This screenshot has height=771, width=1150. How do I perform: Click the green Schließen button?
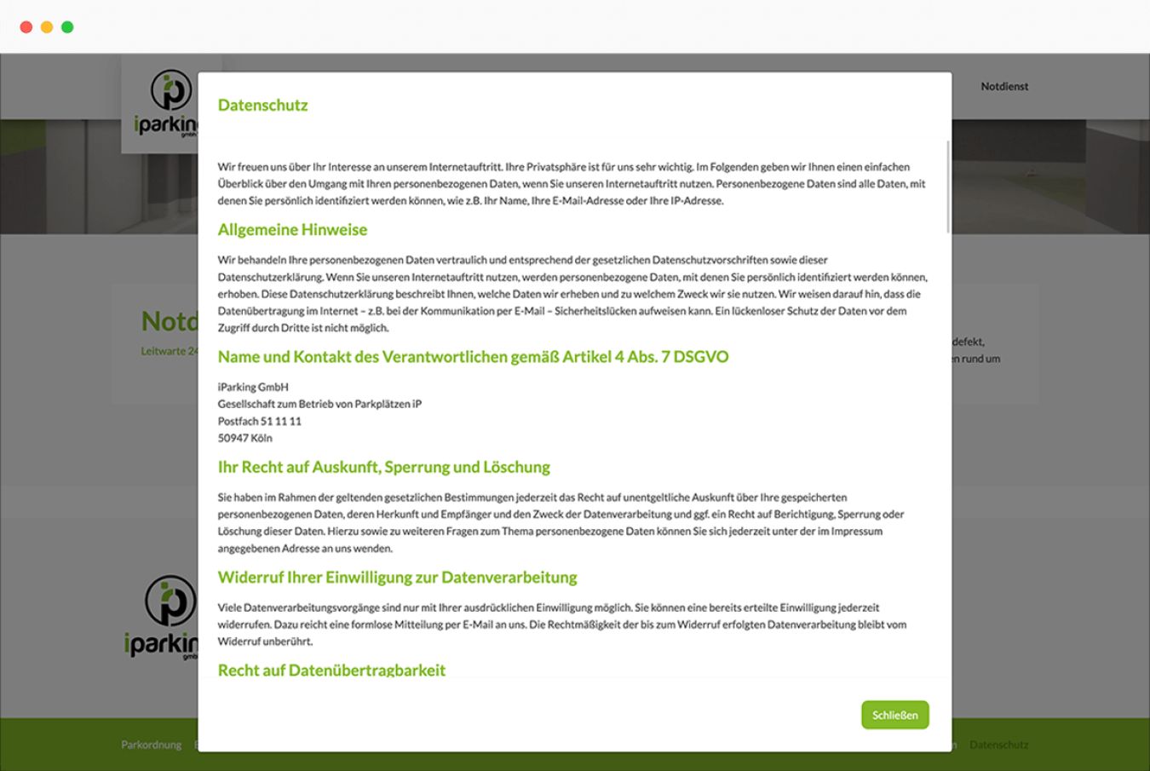tap(894, 715)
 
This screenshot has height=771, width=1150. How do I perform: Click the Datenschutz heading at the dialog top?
tap(262, 105)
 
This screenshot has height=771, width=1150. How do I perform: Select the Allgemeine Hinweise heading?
tap(292, 229)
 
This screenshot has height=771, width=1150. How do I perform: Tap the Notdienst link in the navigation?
tap(1004, 86)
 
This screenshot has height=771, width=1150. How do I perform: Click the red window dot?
tap(26, 27)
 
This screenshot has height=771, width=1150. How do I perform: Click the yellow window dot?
tap(47, 27)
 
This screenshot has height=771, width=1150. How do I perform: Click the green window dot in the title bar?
tap(67, 27)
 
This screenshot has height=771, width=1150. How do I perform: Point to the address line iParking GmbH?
tap(253, 387)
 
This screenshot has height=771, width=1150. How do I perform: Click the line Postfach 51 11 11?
tap(259, 421)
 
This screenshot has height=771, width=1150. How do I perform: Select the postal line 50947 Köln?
tap(244, 438)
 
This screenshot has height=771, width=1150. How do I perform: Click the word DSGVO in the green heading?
tap(700, 357)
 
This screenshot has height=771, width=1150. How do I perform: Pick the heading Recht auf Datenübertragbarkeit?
tap(331, 670)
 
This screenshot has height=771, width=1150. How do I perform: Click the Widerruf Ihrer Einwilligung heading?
tap(397, 577)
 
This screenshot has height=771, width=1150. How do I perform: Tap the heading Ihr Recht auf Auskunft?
tap(383, 467)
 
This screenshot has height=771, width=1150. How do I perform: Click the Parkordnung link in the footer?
tap(151, 745)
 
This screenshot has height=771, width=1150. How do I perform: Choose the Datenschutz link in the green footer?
tap(998, 745)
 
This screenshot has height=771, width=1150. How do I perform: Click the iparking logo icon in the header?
tap(170, 90)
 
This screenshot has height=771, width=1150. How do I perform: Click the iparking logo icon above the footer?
tap(170, 600)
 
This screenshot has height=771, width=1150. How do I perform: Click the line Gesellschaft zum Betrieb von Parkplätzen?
tap(319, 404)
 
